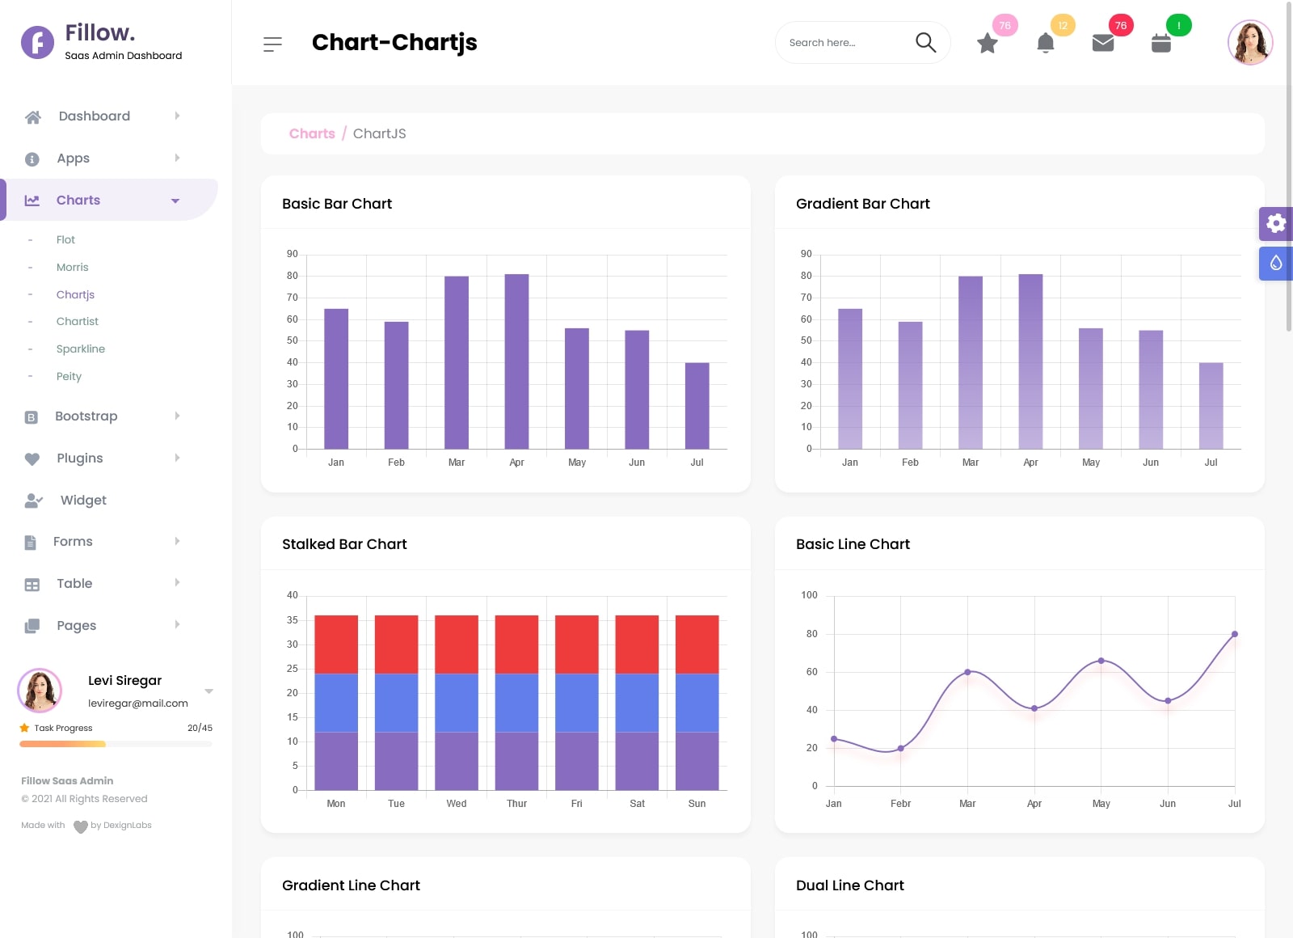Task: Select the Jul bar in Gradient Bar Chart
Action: [x=1211, y=406]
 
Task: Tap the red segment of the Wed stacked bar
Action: [x=457, y=644]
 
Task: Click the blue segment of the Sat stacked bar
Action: [x=637, y=703]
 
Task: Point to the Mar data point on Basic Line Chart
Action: [x=967, y=672]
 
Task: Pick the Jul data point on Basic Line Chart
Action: [x=1234, y=634]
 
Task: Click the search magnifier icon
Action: [x=925, y=42]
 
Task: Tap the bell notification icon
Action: [x=1045, y=43]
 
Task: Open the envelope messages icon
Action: [x=1103, y=43]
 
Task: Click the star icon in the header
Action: [x=987, y=44]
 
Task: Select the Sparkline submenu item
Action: [x=81, y=349]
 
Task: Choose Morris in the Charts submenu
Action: [x=73, y=267]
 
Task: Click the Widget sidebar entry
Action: [x=83, y=500]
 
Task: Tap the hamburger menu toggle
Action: [x=272, y=44]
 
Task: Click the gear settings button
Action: [x=1275, y=224]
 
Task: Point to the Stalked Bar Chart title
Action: [x=344, y=544]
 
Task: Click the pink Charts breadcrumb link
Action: [x=312, y=133]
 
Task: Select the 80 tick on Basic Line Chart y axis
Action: [x=811, y=634]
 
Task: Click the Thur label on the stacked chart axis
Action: [x=516, y=804]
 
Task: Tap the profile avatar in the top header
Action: [x=1249, y=42]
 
